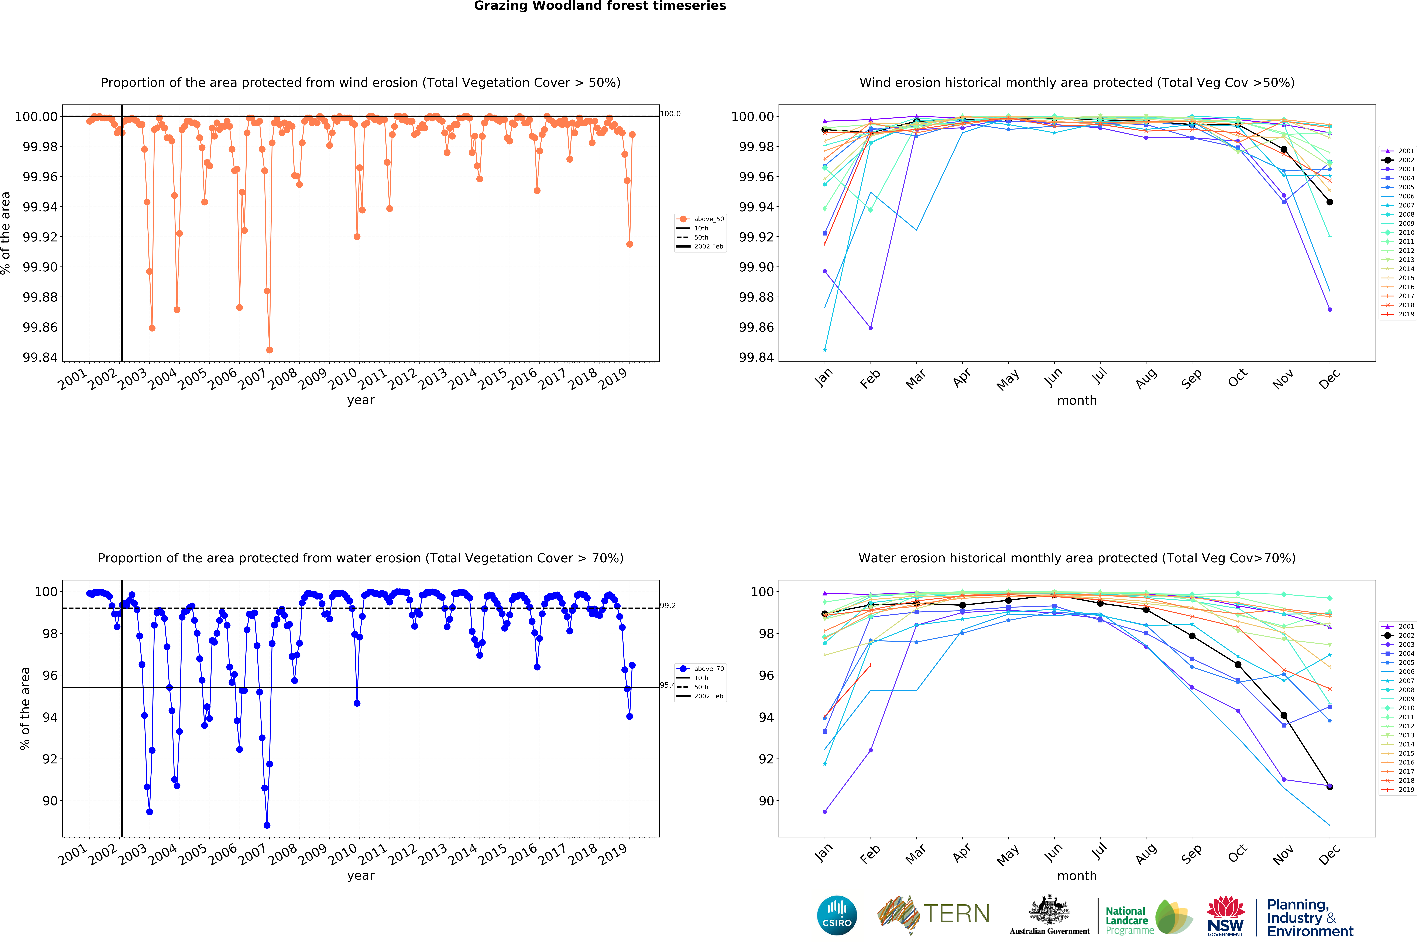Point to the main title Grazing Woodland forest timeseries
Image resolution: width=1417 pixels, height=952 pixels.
tap(600, 6)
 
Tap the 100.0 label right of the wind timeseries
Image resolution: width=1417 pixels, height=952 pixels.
tap(670, 114)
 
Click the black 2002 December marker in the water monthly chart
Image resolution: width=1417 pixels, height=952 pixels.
tap(1330, 787)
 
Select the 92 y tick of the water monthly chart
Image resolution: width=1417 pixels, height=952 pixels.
tap(766, 759)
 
